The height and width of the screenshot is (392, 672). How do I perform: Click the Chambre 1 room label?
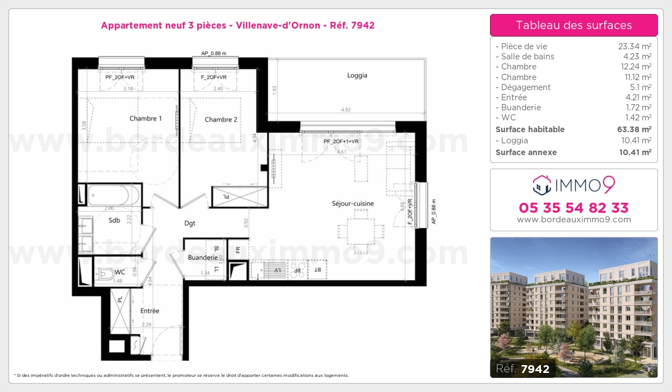[146, 119]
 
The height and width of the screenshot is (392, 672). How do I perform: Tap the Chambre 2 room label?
[221, 119]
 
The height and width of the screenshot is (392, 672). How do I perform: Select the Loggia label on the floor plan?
[357, 76]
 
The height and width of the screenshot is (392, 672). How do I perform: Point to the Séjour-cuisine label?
[352, 204]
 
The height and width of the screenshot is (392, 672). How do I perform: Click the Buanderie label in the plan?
[203, 258]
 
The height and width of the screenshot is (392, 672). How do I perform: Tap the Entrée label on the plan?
[150, 311]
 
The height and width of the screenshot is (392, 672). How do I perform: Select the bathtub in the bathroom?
[115, 195]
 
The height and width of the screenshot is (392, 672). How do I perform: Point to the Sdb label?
[114, 221]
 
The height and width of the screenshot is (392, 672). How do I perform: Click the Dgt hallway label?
[190, 223]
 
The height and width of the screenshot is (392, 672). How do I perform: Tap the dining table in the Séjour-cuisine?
[361, 231]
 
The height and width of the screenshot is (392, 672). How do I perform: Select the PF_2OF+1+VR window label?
[340, 142]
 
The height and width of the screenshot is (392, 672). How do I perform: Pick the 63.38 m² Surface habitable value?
[636, 129]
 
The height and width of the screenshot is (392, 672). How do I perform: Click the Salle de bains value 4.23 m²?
[638, 57]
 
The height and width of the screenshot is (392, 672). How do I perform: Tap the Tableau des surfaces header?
[573, 25]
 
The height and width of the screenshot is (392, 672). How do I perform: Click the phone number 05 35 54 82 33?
[573, 208]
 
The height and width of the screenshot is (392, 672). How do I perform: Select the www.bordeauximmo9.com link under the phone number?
[573, 220]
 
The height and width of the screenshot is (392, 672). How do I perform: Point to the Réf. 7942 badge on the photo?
[523, 368]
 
